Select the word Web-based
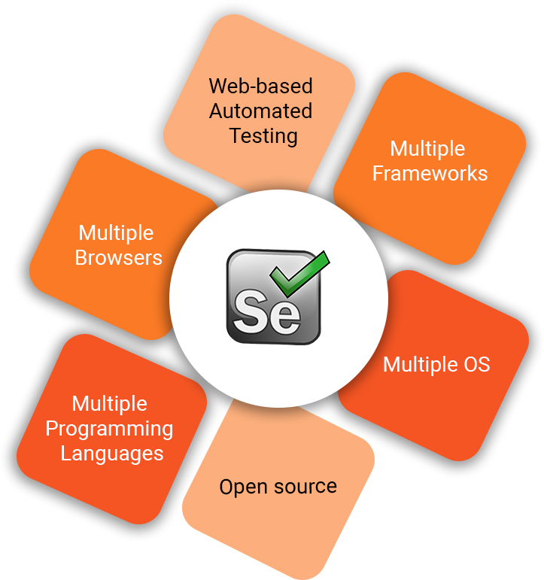[x=260, y=86]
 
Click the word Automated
[x=260, y=111]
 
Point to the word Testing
[x=263, y=136]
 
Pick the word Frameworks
[x=430, y=174]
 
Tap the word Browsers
[x=119, y=258]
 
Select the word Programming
[x=110, y=429]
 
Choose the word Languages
[x=112, y=454]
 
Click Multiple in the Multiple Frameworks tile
[x=427, y=149]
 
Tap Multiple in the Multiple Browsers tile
[x=116, y=233]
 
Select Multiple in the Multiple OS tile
[x=418, y=365]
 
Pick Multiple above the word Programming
[x=110, y=404]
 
